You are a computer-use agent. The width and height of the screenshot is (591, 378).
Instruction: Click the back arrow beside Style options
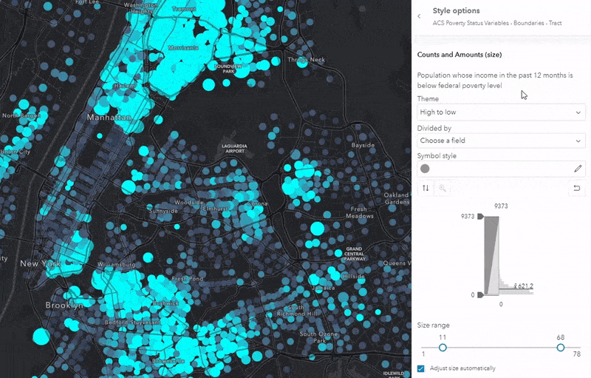(x=420, y=16)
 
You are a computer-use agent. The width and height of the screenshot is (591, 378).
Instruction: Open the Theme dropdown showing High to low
(x=501, y=112)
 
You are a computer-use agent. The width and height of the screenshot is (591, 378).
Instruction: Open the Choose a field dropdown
(x=501, y=141)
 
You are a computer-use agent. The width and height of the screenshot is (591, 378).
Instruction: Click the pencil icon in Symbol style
(x=578, y=169)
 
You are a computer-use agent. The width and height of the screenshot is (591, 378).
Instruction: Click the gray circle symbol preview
(x=425, y=169)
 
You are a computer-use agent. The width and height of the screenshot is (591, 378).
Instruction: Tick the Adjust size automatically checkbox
(x=421, y=368)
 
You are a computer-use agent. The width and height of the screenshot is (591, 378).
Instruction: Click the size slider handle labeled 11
(x=443, y=348)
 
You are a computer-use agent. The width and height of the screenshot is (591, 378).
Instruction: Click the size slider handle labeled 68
(x=561, y=348)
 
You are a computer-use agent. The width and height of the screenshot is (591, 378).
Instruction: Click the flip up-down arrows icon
(x=425, y=189)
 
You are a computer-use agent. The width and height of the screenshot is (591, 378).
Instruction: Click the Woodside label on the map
(x=189, y=202)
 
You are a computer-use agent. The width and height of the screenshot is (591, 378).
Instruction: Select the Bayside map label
(x=363, y=146)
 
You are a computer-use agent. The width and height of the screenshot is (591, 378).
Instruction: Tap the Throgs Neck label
(x=306, y=60)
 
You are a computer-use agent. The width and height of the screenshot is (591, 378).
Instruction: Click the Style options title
(x=456, y=11)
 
